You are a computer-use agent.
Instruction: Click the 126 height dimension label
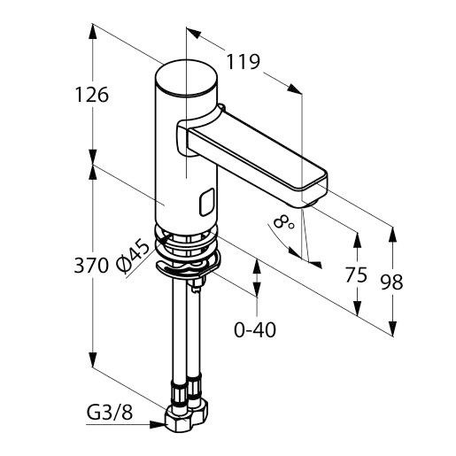pyautogui.click(x=92, y=95)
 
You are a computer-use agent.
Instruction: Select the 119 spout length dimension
pyautogui.click(x=243, y=62)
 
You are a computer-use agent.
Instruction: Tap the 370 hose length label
pyautogui.click(x=91, y=266)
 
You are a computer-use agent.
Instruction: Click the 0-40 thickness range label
pyautogui.click(x=255, y=329)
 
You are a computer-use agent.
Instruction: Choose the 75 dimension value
pyautogui.click(x=356, y=274)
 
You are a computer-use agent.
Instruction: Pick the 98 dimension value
pyautogui.click(x=392, y=282)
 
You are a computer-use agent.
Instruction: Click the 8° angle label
pyautogui.click(x=283, y=221)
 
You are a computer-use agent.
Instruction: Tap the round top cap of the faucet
pyautogui.click(x=186, y=78)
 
